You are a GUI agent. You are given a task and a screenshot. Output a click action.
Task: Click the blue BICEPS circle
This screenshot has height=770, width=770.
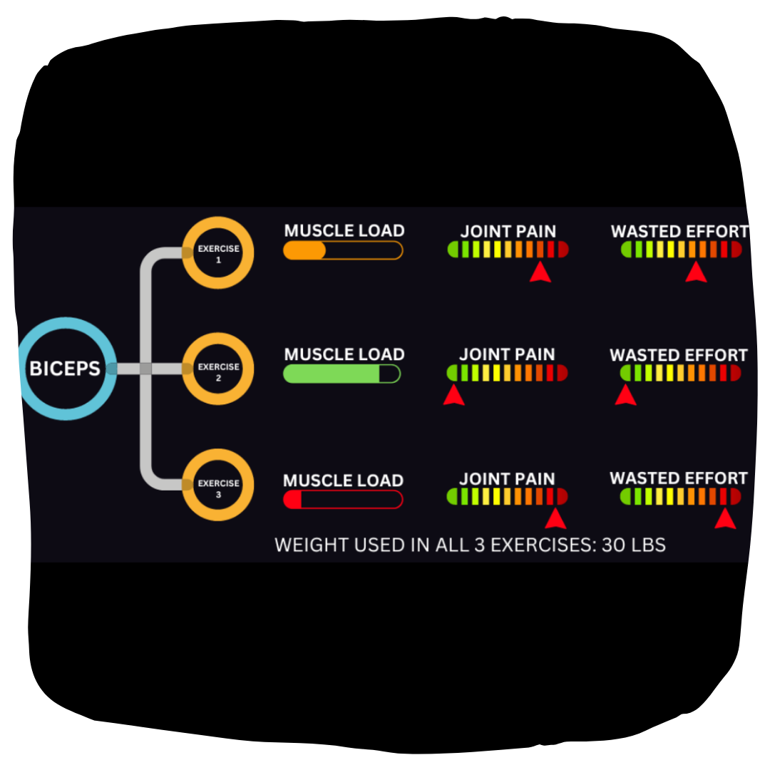[x=66, y=369]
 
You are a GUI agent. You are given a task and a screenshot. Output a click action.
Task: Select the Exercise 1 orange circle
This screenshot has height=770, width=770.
[x=218, y=253]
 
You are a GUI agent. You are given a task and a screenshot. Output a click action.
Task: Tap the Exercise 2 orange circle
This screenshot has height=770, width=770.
[x=218, y=369]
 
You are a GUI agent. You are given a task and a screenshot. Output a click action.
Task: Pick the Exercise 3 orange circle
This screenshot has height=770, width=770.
[x=218, y=485]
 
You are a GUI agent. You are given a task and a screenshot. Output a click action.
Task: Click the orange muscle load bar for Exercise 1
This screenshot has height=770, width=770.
[x=343, y=250]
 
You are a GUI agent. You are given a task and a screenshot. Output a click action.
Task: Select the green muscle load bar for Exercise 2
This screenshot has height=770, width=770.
[x=342, y=374]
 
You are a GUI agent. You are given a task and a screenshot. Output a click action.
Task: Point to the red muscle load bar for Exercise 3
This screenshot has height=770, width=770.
[x=343, y=499]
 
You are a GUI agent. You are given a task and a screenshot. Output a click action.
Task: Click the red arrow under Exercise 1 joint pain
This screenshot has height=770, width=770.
[x=540, y=272]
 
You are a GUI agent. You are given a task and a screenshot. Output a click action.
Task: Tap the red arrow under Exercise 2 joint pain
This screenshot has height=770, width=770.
[x=453, y=395]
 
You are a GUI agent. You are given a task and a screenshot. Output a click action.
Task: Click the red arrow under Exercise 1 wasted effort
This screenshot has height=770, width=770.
[x=696, y=272]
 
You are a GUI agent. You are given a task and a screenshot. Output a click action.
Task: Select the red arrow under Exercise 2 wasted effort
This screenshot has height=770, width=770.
[x=625, y=395]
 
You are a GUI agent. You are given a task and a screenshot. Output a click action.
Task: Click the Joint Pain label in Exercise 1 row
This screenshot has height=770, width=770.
[x=508, y=231]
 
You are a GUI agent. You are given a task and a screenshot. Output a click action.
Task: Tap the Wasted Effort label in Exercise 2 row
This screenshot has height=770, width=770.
[x=679, y=355]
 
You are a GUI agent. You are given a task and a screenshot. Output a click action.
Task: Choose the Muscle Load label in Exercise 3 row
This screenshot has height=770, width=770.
[x=343, y=481]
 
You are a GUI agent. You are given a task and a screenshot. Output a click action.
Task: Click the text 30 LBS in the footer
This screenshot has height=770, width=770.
[x=633, y=545]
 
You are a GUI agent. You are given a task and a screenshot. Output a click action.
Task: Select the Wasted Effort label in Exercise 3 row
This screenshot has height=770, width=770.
[x=679, y=478]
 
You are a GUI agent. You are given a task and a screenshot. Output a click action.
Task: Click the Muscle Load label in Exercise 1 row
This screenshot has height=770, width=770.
[x=344, y=231]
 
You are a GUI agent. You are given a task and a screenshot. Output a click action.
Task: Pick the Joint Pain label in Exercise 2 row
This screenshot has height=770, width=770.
[x=507, y=354]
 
